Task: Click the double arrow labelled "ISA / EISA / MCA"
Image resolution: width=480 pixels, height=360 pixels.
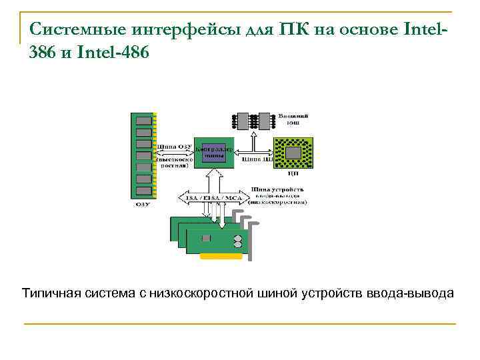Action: coord(213,197)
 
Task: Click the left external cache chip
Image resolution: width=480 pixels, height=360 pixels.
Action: coord(243,121)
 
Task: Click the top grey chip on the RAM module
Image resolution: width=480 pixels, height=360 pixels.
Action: coord(143,120)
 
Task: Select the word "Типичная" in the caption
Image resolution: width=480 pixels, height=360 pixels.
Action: coord(52,293)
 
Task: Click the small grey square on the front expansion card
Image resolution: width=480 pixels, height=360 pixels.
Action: coord(207,238)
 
